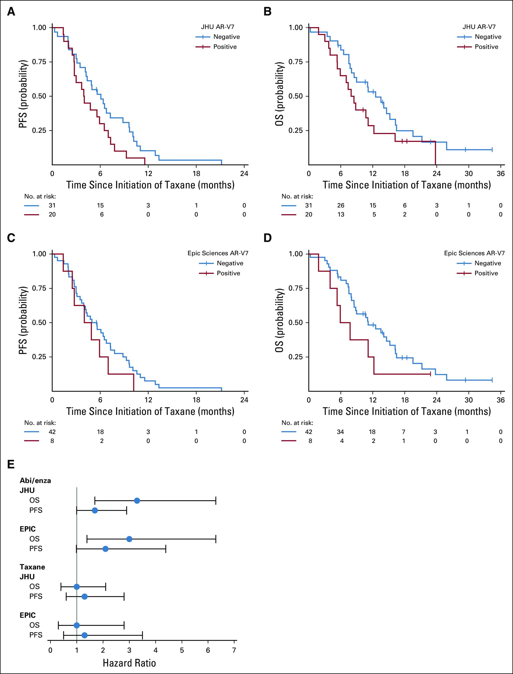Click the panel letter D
(x=267, y=238)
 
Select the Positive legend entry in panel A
(x=225, y=47)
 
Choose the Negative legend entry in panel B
(x=488, y=37)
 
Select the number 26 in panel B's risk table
(x=340, y=205)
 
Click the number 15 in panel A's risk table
(x=100, y=205)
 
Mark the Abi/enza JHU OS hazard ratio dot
(x=137, y=501)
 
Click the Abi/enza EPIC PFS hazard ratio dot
(x=105, y=549)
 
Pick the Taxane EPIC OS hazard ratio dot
(x=77, y=625)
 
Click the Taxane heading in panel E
(x=32, y=567)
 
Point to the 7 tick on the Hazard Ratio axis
(x=234, y=650)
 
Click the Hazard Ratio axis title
(x=129, y=663)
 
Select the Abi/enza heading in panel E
(x=35, y=480)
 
